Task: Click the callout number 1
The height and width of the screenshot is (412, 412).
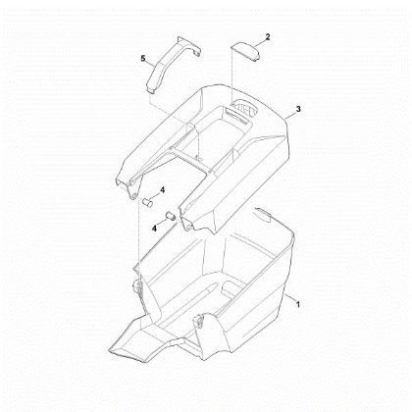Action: tap(297, 304)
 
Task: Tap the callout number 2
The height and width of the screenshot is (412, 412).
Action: tap(268, 36)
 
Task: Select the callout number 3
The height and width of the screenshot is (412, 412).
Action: tap(298, 109)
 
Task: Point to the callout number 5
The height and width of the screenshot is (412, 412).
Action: tap(143, 59)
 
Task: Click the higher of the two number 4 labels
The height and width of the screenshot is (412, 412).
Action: tap(162, 190)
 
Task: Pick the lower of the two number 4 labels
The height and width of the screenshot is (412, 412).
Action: tap(154, 229)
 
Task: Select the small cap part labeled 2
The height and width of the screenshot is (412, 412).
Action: tap(246, 50)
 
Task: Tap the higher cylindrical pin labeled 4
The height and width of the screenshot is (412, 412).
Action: tap(148, 202)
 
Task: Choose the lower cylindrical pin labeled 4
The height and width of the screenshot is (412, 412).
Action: tap(171, 217)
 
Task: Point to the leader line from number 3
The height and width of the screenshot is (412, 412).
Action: tap(289, 115)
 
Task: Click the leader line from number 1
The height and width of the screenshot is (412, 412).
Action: tap(290, 298)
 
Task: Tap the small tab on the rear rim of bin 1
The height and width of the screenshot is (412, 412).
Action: tap(264, 212)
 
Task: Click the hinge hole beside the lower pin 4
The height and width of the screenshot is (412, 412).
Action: tap(188, 227)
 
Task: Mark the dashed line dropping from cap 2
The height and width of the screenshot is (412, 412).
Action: tap(232, 76)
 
